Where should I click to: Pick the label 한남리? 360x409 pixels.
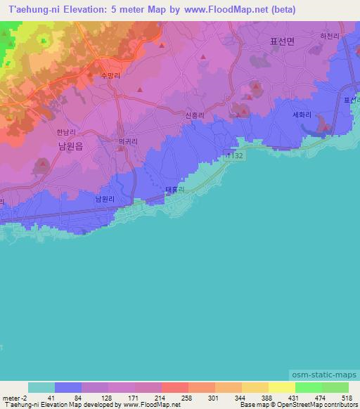point(65,131)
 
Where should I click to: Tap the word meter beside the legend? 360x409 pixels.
point(12,397)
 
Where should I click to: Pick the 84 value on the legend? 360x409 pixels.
point(68,397)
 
